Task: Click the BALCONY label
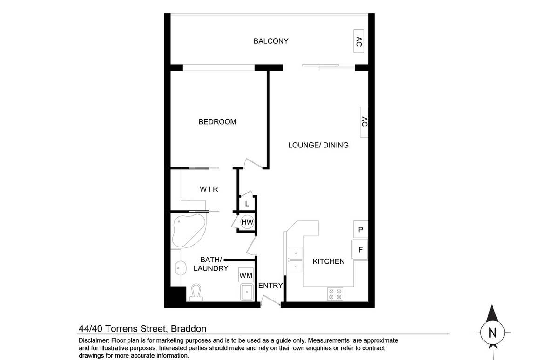[x=271, y=41]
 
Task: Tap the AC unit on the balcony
[x=358, y=42]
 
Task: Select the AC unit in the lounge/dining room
[x=364, y=122]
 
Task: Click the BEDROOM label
[x=217, y=122]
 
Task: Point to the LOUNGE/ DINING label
[x=318, y=145]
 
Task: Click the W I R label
[x=209, y=189]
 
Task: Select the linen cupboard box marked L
[x=247, y=204]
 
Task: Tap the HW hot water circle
[x=247, y=222]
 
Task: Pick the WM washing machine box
[x=246, y=275]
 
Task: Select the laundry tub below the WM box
[x=246, y=293]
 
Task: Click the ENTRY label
[x=270, y=286]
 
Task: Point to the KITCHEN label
[x=329, y=261]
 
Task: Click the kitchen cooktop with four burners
[x=335, y=293]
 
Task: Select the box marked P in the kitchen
[x=360, y=229]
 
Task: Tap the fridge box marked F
[x=360, y=249]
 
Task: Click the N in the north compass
[x=493, y=333]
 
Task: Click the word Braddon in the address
[x=188, y=329]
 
